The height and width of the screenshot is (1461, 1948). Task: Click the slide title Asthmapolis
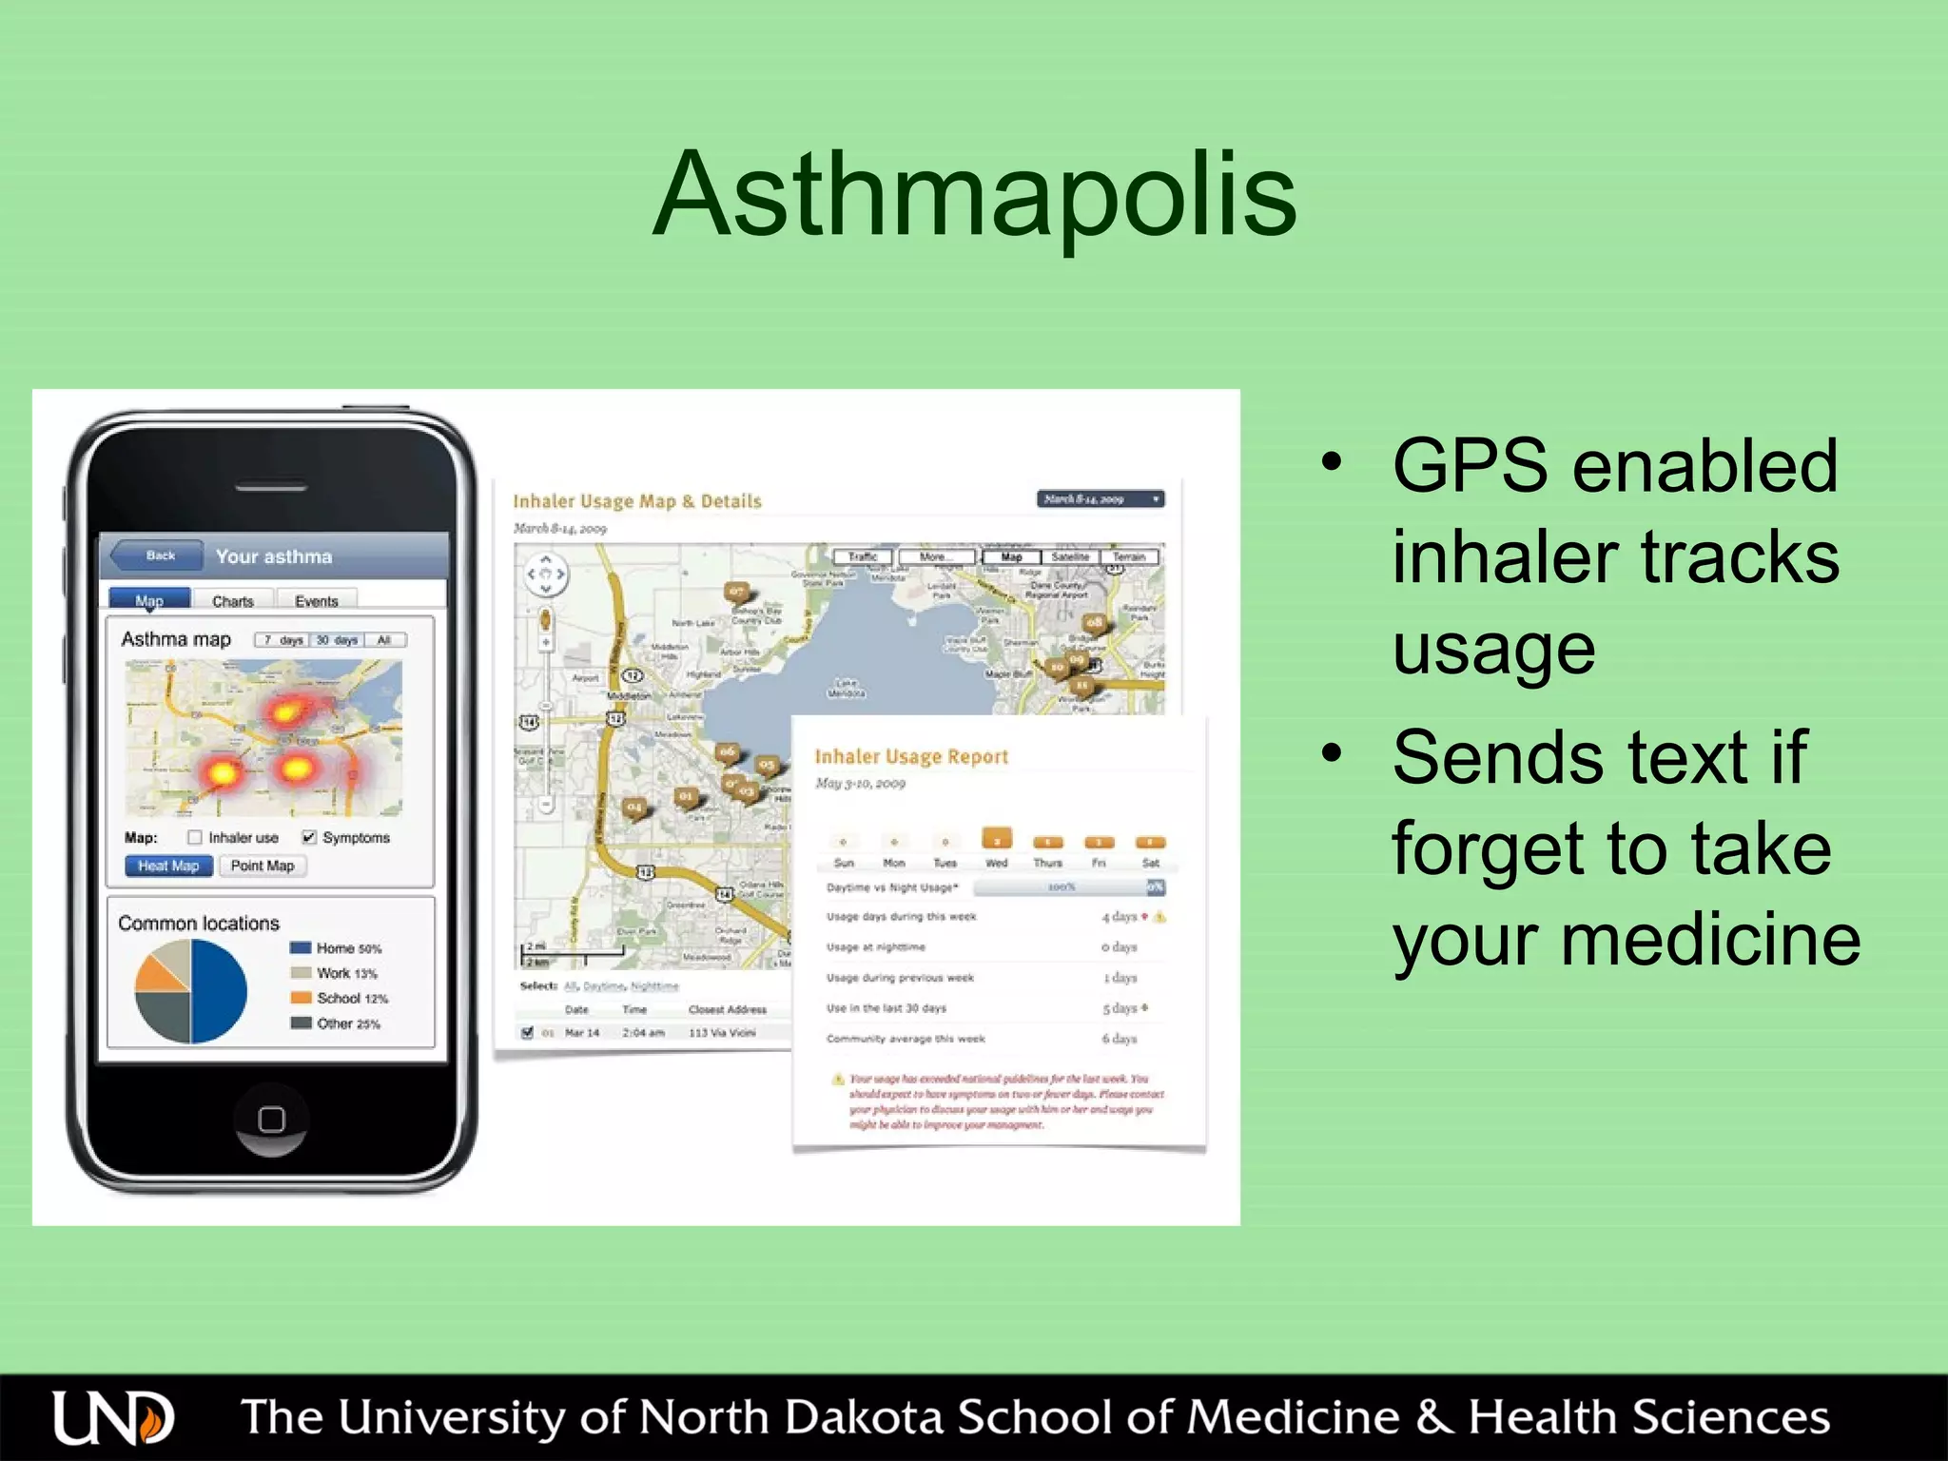(x=974, y=195)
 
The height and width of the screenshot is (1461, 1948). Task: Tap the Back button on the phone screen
(x=158, y=555)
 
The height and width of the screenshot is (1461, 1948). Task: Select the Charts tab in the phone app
(x=233, y=601)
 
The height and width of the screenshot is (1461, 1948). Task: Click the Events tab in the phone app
(x=316, y=601)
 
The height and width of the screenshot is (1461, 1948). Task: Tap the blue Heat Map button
(x=168, y=866)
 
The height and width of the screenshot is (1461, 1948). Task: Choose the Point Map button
(x=263, y=866)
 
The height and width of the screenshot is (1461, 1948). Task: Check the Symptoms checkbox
(x=309, y=837)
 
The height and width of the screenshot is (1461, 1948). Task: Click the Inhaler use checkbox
(x=195, y=837)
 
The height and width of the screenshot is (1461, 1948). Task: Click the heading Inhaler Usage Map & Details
(x=637, y=501)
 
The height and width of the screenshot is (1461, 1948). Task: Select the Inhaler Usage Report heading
(x=911, y=756)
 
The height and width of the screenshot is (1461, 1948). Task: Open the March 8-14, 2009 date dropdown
(x=1100, y=498)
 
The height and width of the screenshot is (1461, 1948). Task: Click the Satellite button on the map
(x=1070, y=556)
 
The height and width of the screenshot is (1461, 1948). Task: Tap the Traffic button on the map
(x=863, y=556)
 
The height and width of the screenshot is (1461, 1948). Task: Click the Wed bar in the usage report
(x=996, y=839)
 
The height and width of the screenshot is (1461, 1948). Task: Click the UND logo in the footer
(x=113, y=1417)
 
